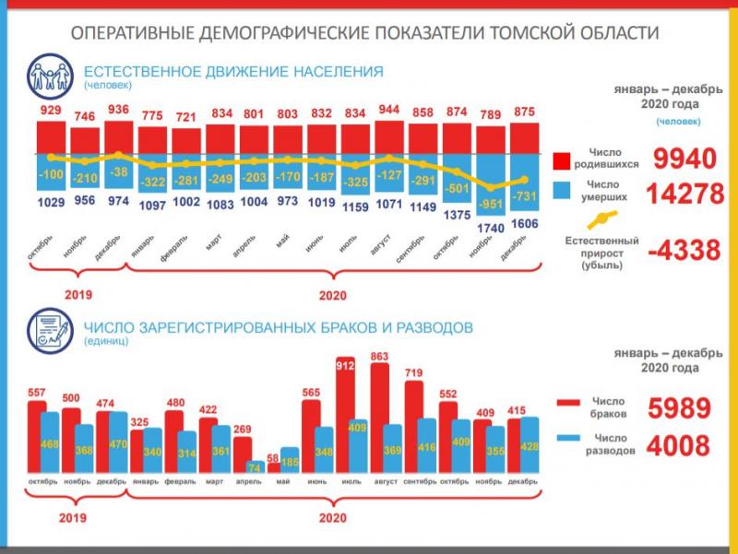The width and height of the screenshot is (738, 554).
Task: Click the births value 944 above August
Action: click(389, 109)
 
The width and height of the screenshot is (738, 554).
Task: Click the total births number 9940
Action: click(684, 159)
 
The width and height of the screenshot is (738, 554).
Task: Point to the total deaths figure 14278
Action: click(684, 195)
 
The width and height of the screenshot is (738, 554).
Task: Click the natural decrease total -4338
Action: click(684, 251)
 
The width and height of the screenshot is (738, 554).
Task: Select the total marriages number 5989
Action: click(678, 409)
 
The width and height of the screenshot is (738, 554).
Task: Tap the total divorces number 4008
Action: click(678, 447)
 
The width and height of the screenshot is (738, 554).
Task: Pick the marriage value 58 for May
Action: click(274, 458)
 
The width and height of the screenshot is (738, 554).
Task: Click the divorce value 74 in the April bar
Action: click(253, 467)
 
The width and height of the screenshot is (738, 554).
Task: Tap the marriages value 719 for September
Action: click(413, 373)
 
